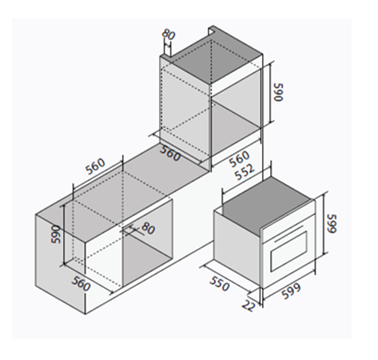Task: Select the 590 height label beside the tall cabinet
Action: (278, 92)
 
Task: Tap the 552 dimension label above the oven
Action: (245, 171)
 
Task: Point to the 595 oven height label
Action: (332, 223)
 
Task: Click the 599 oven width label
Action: (292, 291)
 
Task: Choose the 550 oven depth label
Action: (220, 283)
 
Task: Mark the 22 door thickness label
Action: (248, 306)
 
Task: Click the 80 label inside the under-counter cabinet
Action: (148, 229)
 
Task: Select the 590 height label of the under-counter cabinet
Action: (56, 234)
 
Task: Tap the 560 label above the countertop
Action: (95, 166)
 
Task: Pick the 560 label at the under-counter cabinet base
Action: (82, 284)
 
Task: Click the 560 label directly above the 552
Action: (240, 158)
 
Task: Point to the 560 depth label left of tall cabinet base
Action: (170, 154)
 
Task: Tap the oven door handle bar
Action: (288, 234)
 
